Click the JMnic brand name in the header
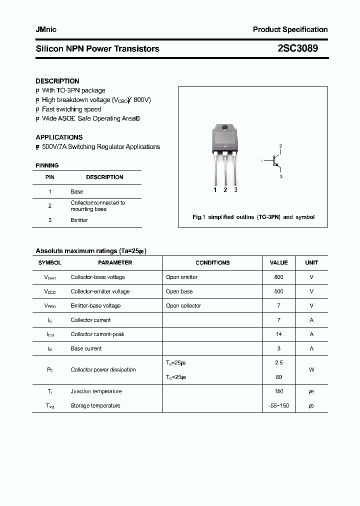coord(46,29)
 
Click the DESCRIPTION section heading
coord(57,81)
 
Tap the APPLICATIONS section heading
coord(59,137)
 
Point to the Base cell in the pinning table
coord(76,191)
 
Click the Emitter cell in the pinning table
coord(79,220)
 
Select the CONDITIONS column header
coord(212,262)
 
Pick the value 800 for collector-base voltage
coord(278,277)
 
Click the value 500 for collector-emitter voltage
coord(278,291)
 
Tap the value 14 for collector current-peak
coord(278,334)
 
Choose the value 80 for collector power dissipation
coord(278,377)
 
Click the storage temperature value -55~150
coord(278,405)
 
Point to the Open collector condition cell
coord(183,305)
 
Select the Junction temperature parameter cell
coord(96,391)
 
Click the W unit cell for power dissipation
coord(311,370)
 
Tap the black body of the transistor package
coord(225,137)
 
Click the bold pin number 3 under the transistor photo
coord(235,190)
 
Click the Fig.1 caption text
coord(253,217)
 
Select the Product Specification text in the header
coord(290,29)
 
